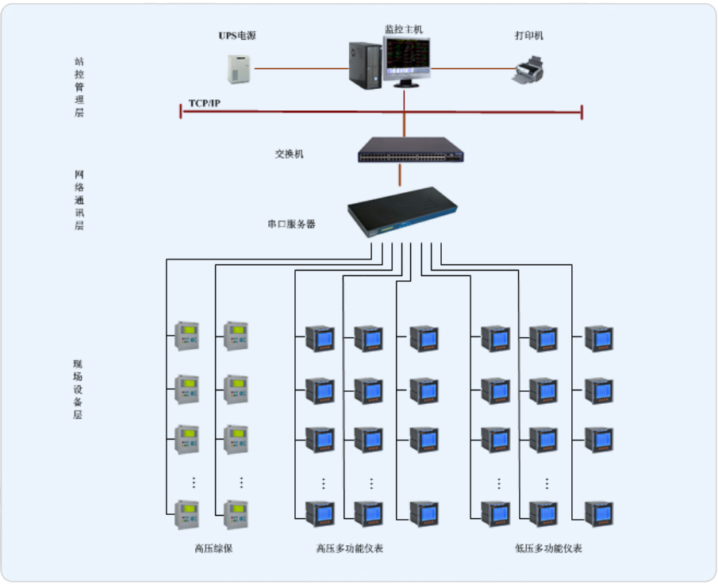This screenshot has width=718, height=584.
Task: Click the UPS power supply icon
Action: [x=239, y=69]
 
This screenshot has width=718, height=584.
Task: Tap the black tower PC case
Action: [x=364, y=65]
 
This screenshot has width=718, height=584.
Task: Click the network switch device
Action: [x=409, y=150]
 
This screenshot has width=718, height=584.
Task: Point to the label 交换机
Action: [x=289, y=154]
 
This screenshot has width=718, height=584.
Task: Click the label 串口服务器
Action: [x=291, y=225]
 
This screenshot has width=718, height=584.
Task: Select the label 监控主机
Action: [x=404, y=29]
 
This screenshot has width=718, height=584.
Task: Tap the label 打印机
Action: [x=529, y=36]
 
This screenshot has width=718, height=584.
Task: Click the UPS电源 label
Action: [x=237, y=36]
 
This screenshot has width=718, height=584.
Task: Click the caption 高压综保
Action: [x=213, y=548]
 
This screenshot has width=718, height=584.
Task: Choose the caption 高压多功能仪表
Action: [x=349, y=548]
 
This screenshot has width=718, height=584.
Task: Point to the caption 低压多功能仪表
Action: [x=547, y=548]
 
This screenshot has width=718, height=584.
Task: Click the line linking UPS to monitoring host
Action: [x=301, y=69]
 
